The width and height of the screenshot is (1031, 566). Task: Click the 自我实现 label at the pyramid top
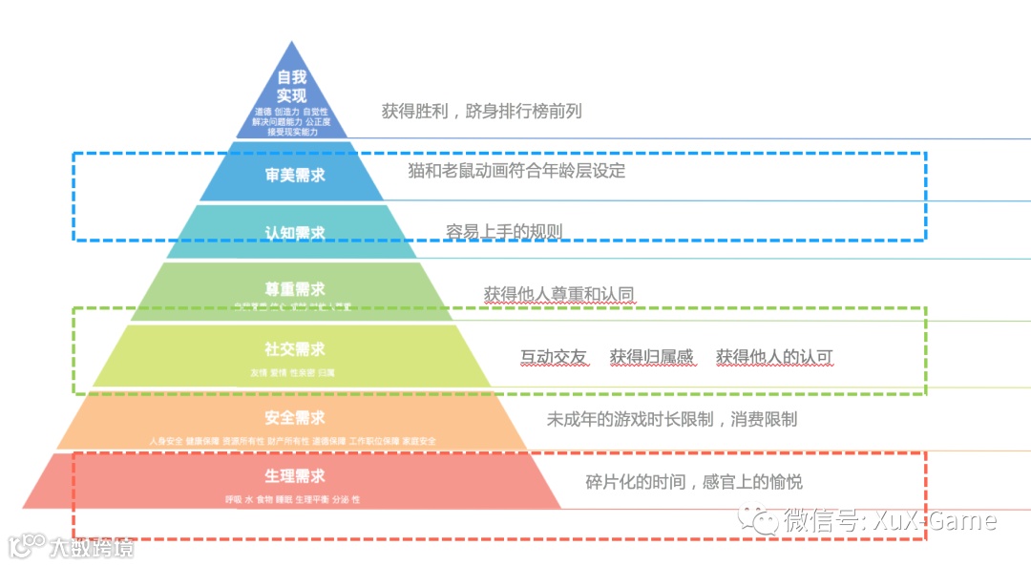(x=291, y=87)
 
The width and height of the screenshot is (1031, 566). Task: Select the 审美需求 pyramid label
(x=295, y=175)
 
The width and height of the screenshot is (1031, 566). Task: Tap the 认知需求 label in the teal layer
(x=295, y=232)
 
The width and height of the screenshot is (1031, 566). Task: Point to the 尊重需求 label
(x=295, y=288)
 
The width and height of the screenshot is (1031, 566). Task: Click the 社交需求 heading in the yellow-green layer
(x=295, y=349)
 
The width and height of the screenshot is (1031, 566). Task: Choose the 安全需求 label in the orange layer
(x=295, y=418)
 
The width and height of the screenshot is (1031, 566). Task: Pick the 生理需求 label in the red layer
(x=295, y=476)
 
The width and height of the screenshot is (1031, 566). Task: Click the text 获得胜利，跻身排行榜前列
(x=481, y=111)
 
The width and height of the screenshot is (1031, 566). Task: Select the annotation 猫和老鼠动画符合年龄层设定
(x=516, y=171)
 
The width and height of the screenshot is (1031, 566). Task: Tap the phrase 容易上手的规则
(x=504, y=231)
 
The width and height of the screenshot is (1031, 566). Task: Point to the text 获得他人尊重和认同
(x=559, y=294)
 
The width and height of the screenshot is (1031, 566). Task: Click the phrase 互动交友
(x=553, y=357)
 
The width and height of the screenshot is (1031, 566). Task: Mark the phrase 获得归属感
(x=652, y=357)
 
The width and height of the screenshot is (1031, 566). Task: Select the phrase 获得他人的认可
(x=774, y=357)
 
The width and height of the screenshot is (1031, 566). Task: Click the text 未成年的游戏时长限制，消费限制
(x=671, y=419)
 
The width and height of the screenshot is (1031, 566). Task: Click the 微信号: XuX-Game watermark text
(x=889, y=520)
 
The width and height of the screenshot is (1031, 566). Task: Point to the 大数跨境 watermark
(x=92, y=547)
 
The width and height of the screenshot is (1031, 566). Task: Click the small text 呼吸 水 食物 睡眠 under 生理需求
(x=259, y=499)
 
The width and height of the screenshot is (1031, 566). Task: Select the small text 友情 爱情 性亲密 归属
(x=292, y=371)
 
